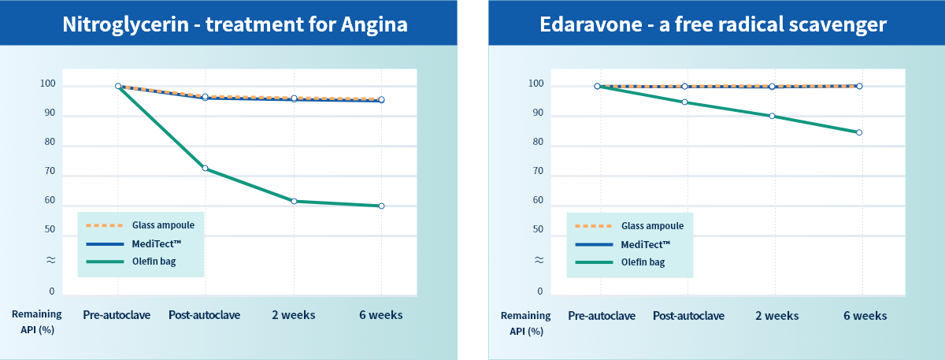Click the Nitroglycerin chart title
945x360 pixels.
(x=235, y=24)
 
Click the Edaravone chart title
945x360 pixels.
(x=713, y=24)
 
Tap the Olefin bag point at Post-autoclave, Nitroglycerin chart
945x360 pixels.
(x=205, y=169)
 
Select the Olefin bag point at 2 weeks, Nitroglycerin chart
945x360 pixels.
(x=294, y=202)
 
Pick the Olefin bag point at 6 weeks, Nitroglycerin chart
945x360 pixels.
(x=381, y=206)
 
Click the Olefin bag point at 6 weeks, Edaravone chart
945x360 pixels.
(x=859, y=132)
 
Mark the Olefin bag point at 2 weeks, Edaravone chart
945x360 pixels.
(x=772, y=117)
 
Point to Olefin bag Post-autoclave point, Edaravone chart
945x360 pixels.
(x=684, y=102)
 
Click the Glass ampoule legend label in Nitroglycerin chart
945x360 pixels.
(x=163, y=225)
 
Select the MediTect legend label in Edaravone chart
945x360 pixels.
(x=646, y=244)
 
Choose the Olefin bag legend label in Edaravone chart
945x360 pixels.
(x=643, y=262)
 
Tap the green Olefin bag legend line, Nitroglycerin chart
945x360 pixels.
(x=105, y=262)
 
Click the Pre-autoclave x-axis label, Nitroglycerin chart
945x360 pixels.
(x=117, y=315)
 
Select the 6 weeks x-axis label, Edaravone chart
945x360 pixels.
(x=865, y=316)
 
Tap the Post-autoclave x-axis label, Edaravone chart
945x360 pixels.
(x=688, y=316)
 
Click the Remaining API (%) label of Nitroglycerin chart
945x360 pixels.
(x=36, y=322)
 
